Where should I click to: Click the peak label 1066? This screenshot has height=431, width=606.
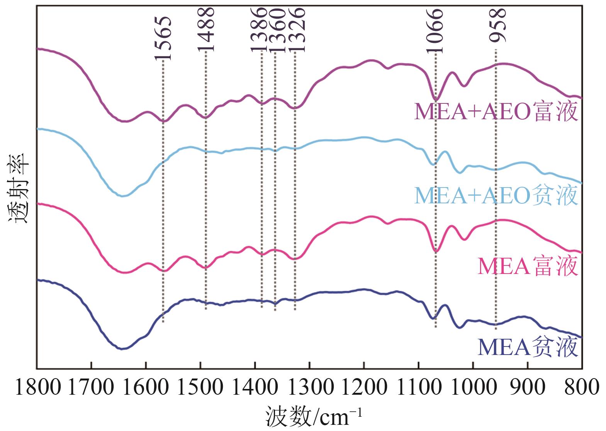[435, 30]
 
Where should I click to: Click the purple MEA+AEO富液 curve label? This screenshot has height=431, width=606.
[496, 112]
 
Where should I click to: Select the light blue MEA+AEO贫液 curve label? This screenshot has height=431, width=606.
[496, 196]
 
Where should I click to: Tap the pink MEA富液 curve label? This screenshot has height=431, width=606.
[528, 267]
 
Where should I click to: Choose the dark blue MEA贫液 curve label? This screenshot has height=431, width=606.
[528, 347]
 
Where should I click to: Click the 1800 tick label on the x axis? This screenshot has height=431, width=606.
[37, 387]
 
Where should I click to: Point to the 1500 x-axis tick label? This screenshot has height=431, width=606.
[200, 387]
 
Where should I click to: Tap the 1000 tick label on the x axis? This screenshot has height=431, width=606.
[472, 387]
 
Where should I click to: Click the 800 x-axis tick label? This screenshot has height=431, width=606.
[581, 387]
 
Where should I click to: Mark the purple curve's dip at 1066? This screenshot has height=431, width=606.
[436, 99]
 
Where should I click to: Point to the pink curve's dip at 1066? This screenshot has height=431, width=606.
[436, 251]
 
